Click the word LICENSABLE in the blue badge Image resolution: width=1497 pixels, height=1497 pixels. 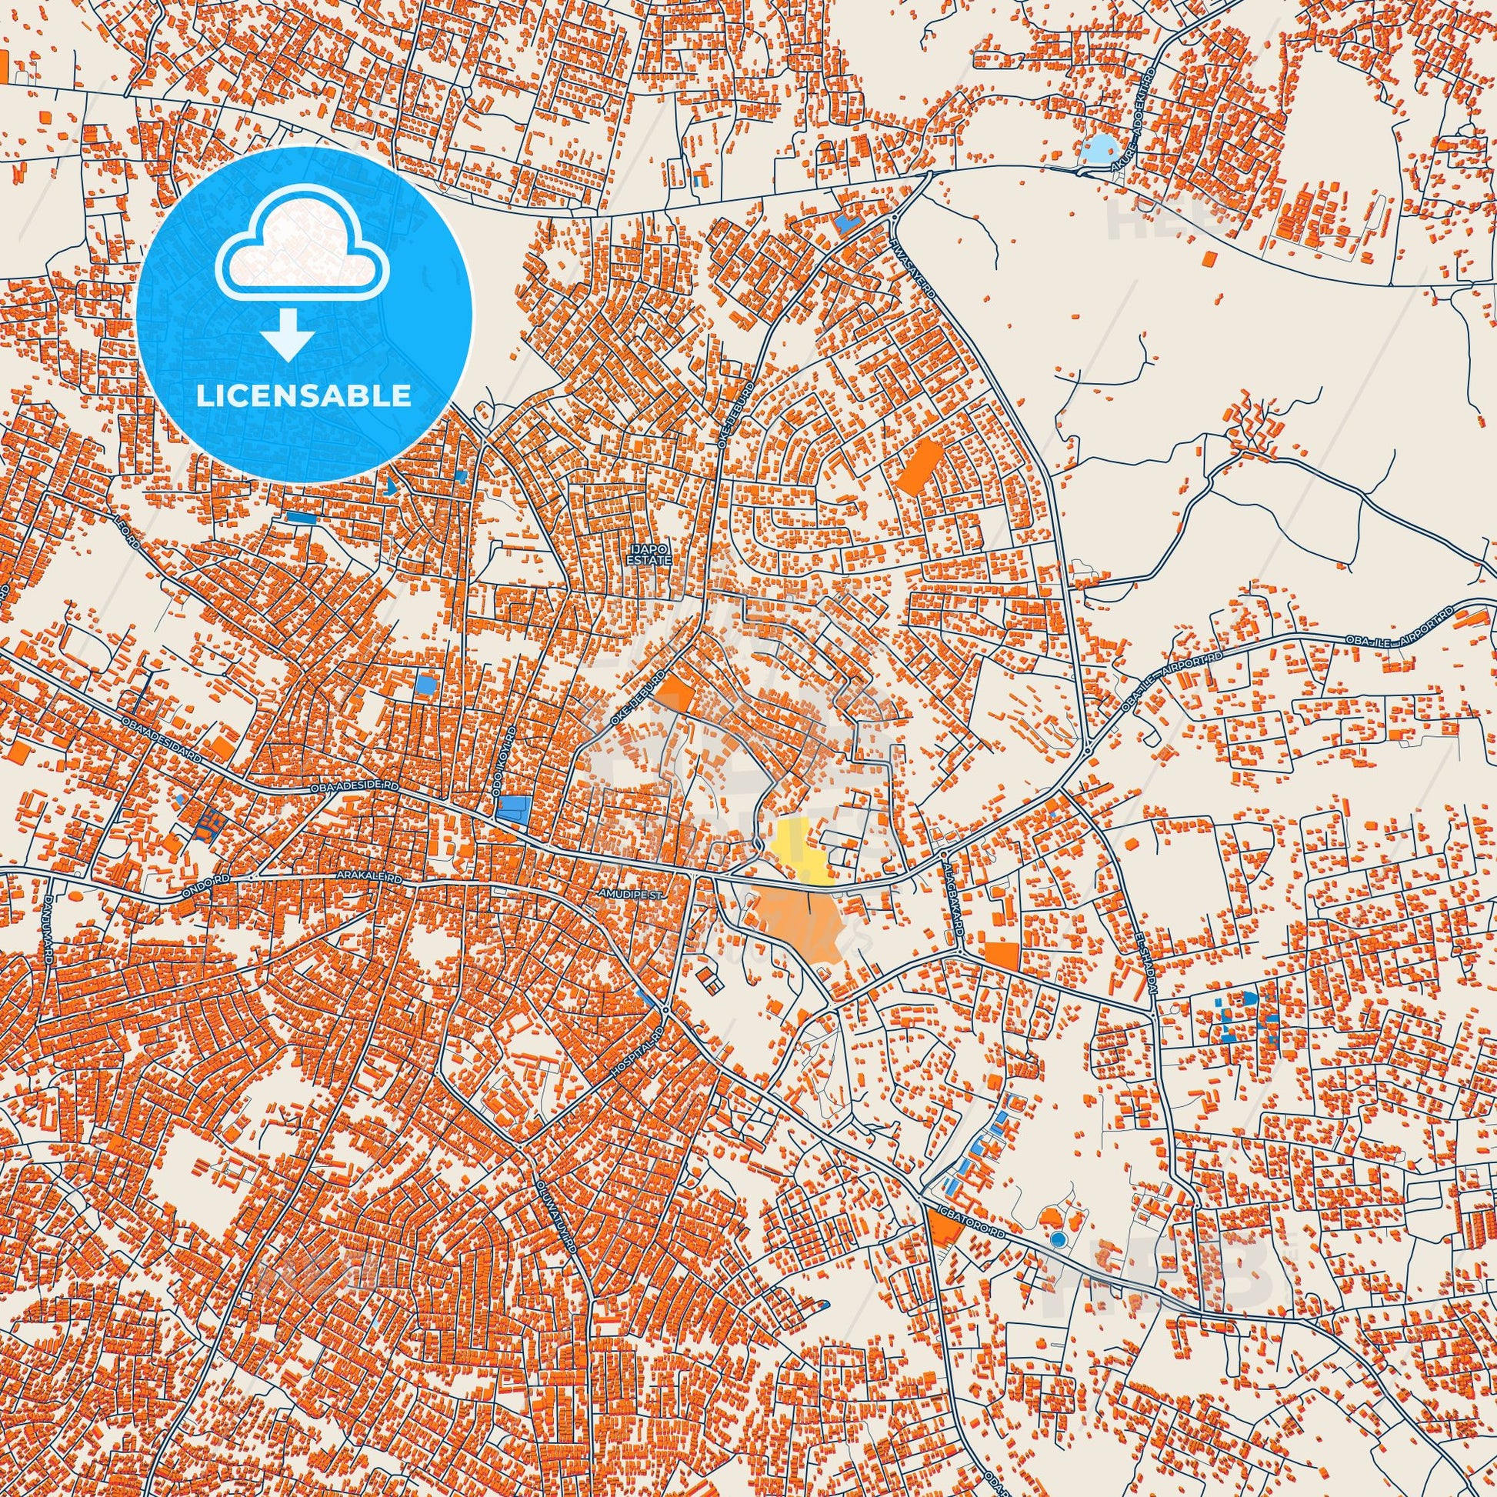(304, 395)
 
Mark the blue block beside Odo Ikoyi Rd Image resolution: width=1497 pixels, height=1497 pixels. (513, 809)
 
